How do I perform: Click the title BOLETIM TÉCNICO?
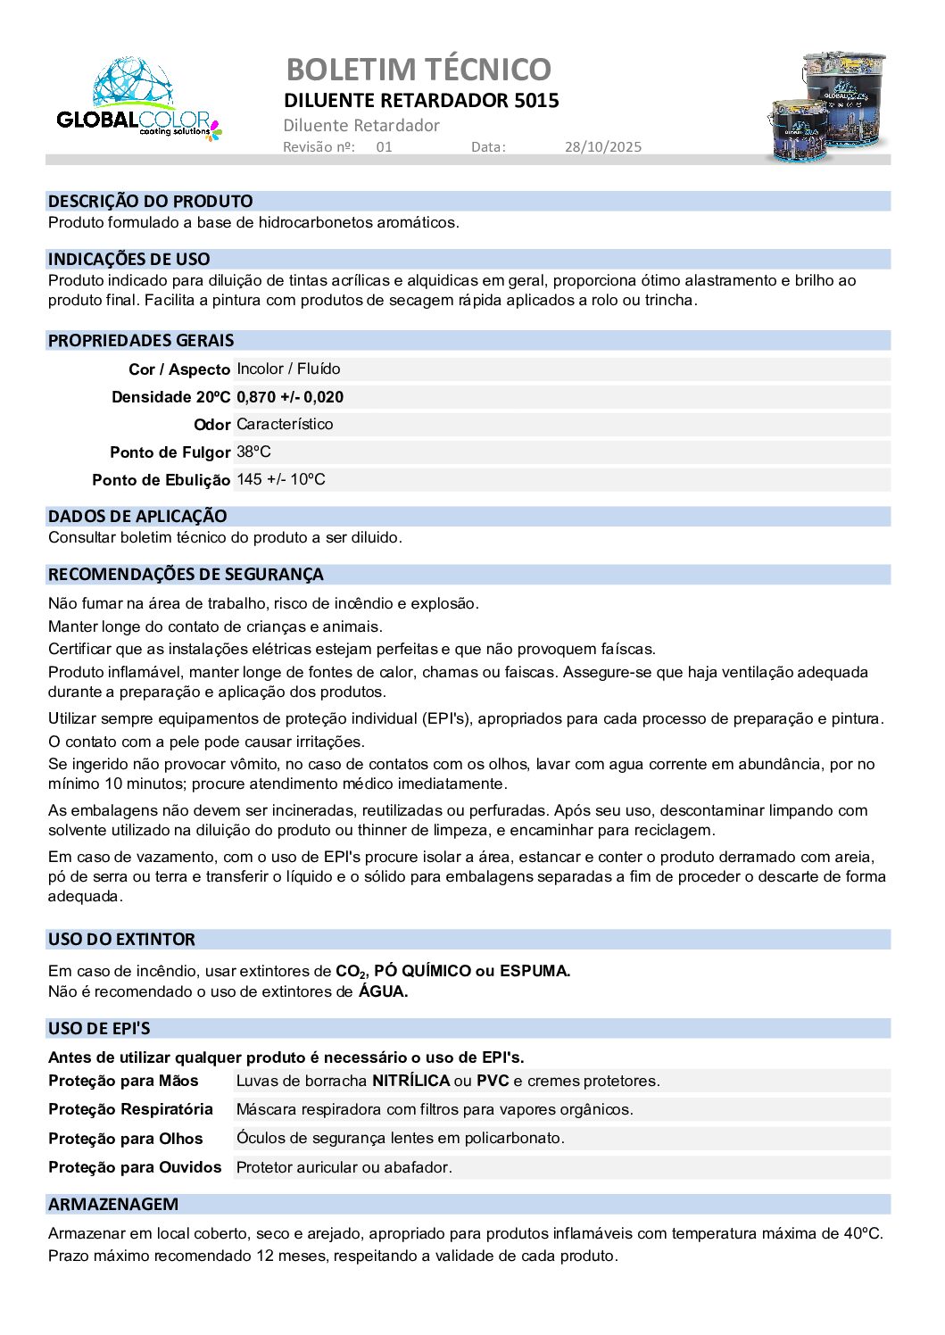click(419, 69)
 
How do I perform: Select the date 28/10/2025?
click(602, 147)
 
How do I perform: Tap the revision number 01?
click(384, 147)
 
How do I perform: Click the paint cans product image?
click(825, 106)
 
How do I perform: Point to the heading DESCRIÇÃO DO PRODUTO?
click(150, 202)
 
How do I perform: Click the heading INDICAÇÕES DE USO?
click(128, 260)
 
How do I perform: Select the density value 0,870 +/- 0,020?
click(290, 397)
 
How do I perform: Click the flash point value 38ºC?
click(253, 452)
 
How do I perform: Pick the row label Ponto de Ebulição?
click(161, 480)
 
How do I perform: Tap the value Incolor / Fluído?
click(288, 369)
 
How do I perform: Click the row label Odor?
click(211, 425)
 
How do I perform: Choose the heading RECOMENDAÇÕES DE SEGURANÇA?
click(186, 575)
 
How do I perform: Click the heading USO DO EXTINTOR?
click(121, 940)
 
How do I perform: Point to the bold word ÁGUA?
click(383, 991)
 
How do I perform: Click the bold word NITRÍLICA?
click(410, 1082)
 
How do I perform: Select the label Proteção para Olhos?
click(126, 1140)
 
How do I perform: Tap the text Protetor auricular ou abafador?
click(344, 1167)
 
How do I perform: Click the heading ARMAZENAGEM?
click(113, 1205)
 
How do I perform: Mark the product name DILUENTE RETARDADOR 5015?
click(421, 101)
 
